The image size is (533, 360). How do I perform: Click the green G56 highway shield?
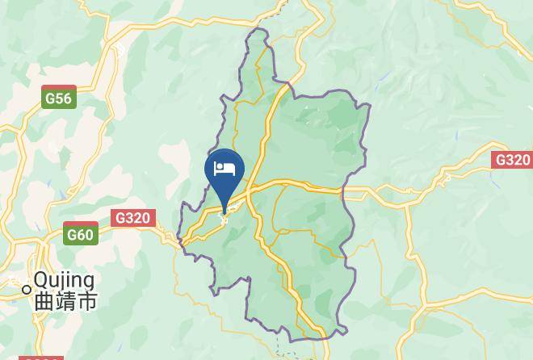(59, 98)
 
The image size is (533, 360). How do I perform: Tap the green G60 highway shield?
(81, 235)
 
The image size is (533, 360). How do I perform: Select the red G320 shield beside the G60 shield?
(132, 218)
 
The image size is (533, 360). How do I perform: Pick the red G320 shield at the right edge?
(512, 160)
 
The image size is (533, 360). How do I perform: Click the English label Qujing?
(64, 281)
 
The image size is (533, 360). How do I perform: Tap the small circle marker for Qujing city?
(27, 289)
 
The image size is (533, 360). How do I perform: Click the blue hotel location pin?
(225, 174)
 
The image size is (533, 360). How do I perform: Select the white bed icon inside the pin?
(225, 170)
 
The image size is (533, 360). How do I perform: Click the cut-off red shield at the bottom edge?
(40, 358)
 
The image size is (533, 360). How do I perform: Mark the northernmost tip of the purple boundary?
(258, 30)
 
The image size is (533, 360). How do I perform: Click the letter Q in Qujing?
(41, 281)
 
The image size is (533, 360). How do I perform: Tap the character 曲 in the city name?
(44, 301)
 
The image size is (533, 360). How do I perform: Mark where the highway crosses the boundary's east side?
(343, 192)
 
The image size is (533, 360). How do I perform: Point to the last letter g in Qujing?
(88, 283)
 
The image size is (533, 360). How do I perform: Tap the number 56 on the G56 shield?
(63, 98)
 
